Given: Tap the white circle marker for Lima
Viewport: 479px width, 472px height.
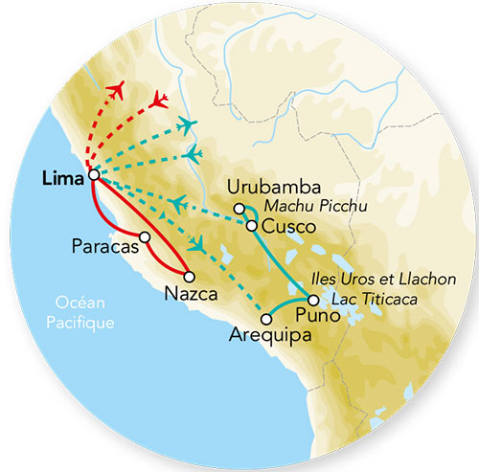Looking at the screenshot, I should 94,175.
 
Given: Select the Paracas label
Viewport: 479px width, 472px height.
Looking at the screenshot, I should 103,246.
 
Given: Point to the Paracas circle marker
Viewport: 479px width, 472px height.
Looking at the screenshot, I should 144,236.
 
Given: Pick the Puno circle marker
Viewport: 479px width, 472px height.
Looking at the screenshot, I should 313,300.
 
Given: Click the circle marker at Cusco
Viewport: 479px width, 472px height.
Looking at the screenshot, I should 251,226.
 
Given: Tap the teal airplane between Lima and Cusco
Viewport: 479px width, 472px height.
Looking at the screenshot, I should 179,202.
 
